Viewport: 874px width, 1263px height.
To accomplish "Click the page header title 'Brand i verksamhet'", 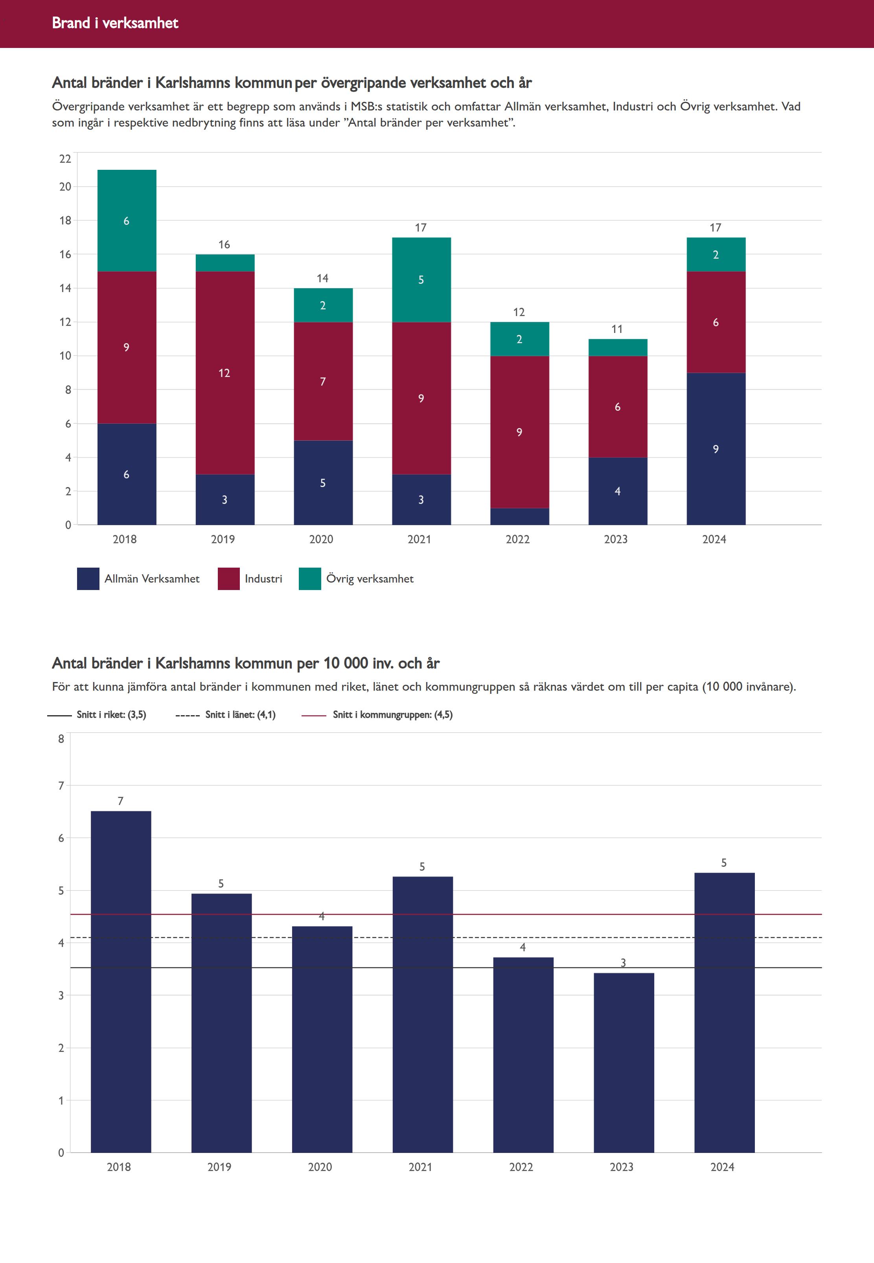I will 115,23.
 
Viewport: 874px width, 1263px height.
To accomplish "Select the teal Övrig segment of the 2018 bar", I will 127,221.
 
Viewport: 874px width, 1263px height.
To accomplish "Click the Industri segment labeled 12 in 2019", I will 224,373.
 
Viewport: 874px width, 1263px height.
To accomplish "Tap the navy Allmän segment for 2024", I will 716,449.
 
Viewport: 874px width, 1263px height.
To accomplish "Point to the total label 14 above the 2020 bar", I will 322,278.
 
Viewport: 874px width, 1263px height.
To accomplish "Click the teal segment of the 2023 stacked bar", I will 618,347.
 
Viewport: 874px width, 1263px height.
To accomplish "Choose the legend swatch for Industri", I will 228,579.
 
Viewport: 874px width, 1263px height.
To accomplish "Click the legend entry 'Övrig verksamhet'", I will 370,579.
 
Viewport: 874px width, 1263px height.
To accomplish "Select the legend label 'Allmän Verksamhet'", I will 152,579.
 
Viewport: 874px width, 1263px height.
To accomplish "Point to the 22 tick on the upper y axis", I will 65,159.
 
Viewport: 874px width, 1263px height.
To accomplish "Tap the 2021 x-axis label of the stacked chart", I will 420,539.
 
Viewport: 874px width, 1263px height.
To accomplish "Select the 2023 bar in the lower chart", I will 624,1062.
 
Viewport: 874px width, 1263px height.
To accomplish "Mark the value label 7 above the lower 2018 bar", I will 120,801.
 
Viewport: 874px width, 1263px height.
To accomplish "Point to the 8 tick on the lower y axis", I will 61,739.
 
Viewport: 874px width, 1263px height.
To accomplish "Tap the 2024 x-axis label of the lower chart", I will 722,1167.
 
